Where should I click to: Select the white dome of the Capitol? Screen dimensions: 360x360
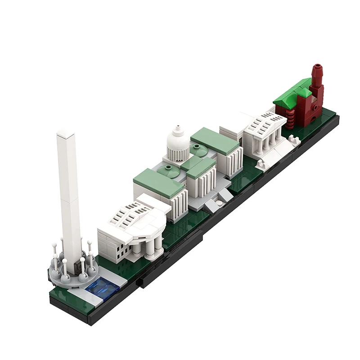pos(178,143)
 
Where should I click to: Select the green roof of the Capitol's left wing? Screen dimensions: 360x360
pos(158,182)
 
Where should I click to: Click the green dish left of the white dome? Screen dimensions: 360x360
pos(171,169)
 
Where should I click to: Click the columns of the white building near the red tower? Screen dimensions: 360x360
pos(265,144)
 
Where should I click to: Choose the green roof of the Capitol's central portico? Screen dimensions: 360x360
pos(198,166)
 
